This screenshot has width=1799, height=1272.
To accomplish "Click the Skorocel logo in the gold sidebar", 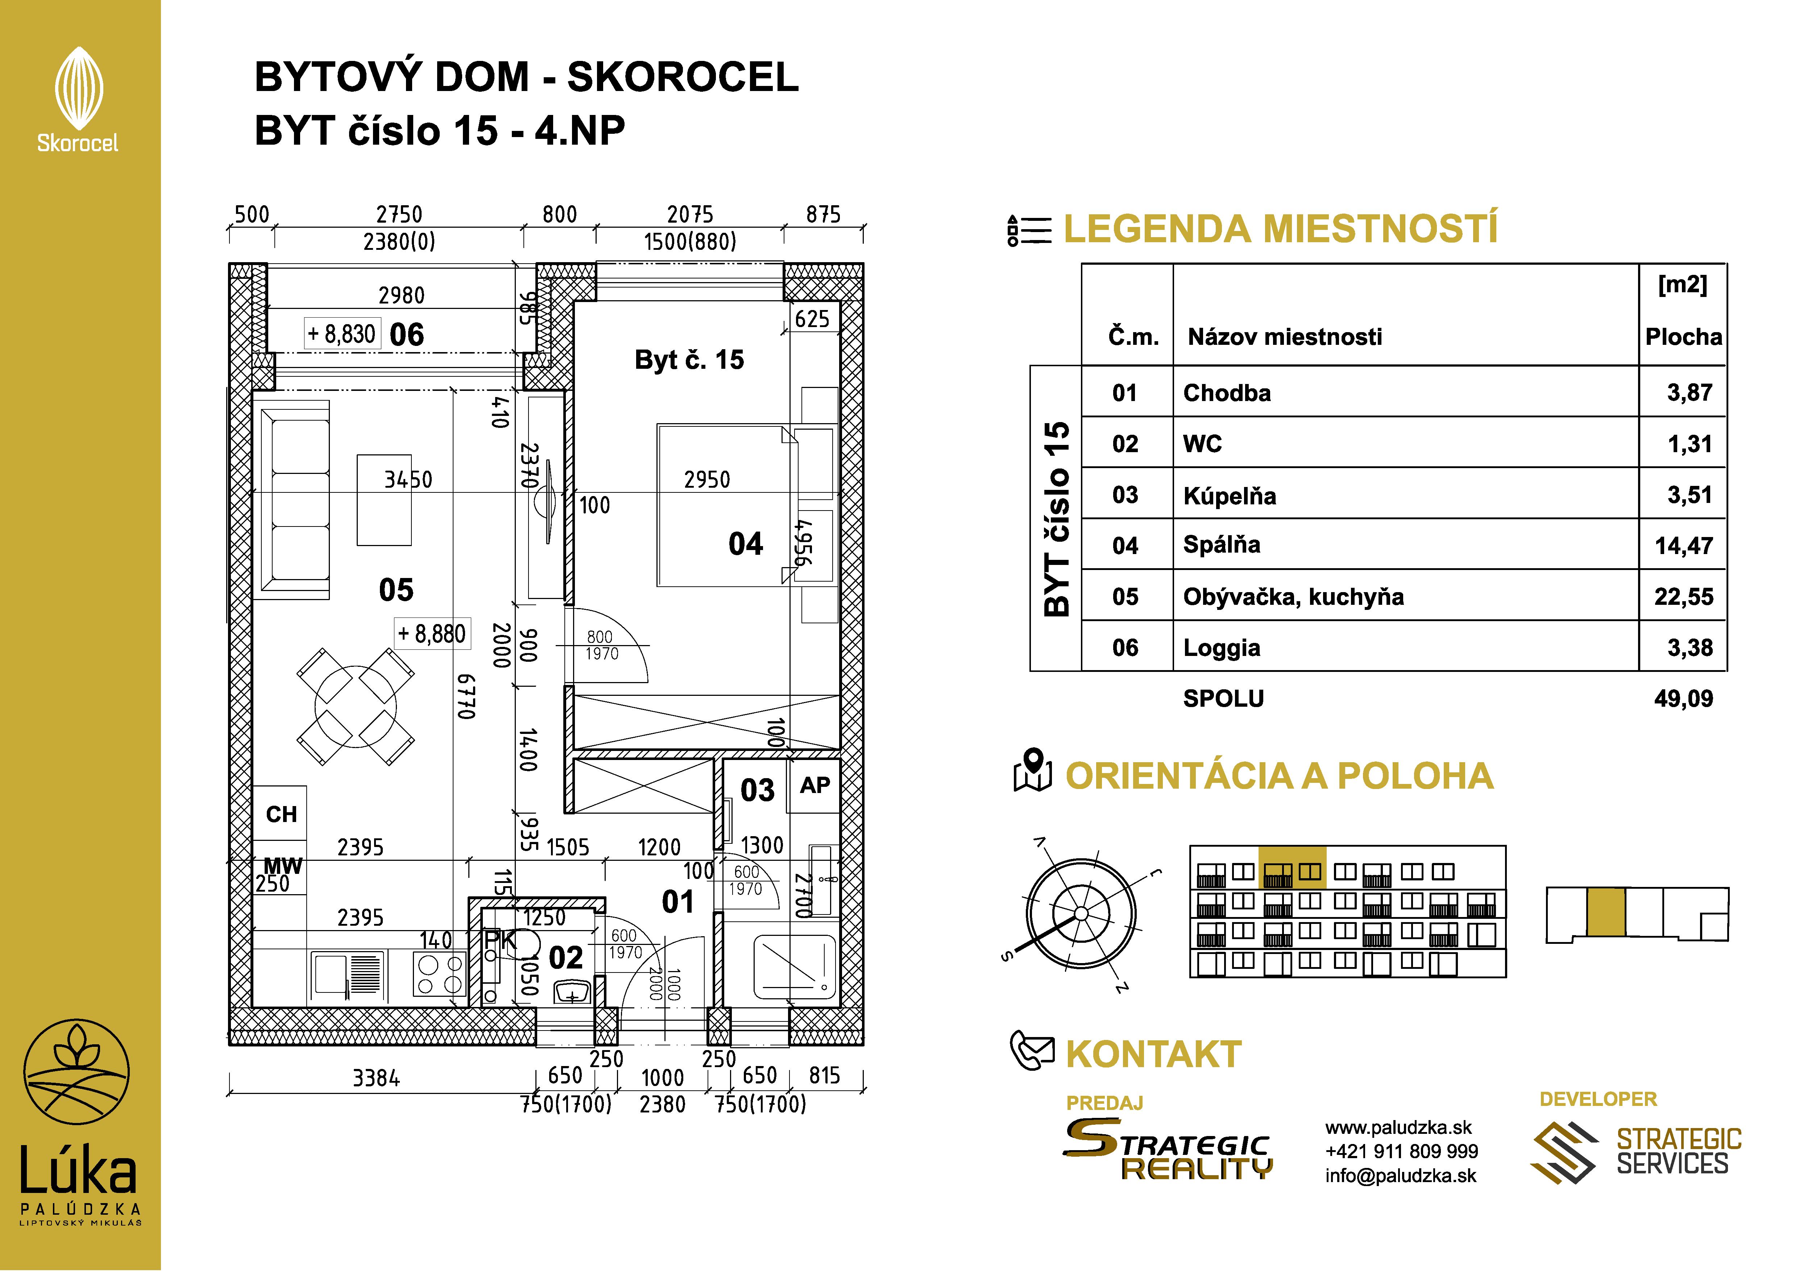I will (78, 98).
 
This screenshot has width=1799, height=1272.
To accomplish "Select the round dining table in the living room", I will (355, 706).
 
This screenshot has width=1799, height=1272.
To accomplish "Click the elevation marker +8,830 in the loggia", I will (341, 334).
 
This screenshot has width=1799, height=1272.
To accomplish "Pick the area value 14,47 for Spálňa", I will (1683, 545).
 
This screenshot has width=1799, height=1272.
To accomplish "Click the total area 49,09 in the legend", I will (1683, 698).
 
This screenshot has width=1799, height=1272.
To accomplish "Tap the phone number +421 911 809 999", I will (1401, 1151).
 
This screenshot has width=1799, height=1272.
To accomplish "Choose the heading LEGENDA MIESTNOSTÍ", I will (1280, 229).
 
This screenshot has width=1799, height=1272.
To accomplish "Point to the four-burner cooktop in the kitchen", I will (440, 974).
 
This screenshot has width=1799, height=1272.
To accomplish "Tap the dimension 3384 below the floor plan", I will (376, 1078).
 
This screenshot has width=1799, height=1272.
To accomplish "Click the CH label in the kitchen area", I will (281, 814).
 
